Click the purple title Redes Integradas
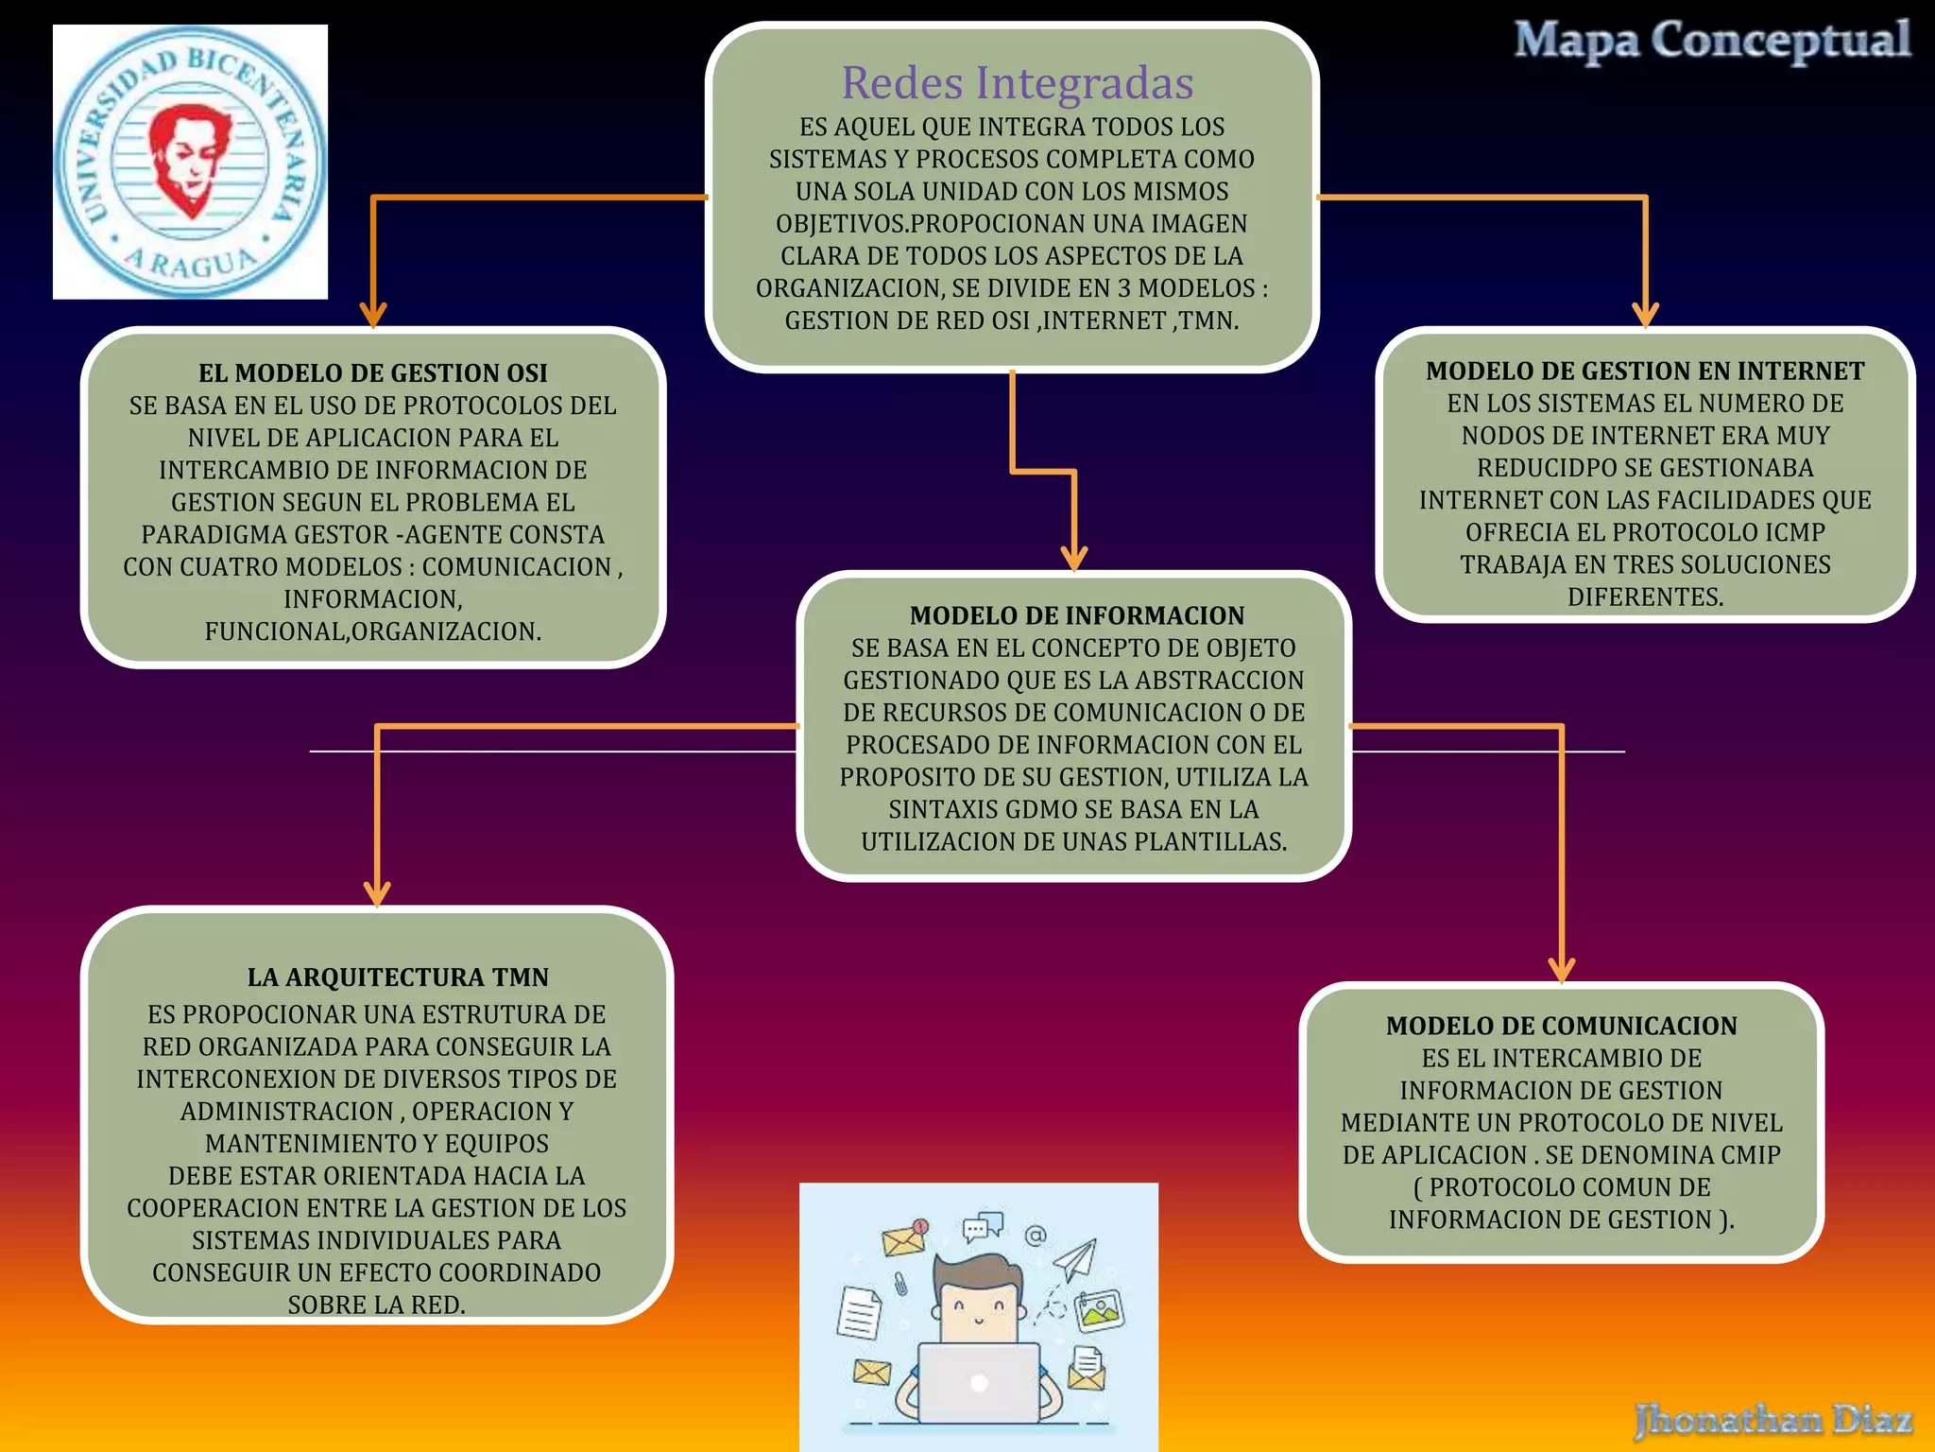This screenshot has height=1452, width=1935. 1017,83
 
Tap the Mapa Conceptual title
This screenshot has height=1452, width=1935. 1711,42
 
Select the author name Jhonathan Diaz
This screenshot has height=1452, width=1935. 1772,1419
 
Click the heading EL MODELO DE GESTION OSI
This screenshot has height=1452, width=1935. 372,373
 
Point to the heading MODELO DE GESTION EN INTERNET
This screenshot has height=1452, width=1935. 1644,372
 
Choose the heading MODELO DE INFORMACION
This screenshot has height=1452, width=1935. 1076,615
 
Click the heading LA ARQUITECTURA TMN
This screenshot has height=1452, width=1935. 397,977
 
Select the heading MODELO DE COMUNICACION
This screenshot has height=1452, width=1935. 1561,1026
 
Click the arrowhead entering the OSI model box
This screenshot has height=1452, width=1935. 373,316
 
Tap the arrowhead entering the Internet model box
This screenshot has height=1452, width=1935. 1645,316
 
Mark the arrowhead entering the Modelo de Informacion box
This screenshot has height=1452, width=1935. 1074,559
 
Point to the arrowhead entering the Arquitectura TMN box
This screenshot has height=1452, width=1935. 377,894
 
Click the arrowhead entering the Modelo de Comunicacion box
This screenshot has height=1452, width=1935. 1561,971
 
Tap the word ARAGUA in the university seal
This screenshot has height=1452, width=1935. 192,263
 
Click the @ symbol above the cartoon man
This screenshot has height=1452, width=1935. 1036,1236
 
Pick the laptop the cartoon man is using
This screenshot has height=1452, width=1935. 978,1382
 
